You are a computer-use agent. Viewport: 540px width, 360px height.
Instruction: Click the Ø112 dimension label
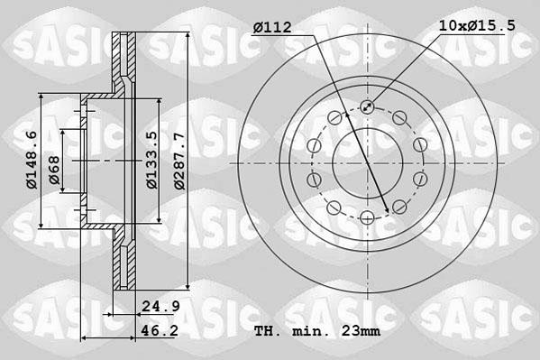coord(271,27)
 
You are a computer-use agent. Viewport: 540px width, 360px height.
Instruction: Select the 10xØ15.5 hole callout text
coord(476,26)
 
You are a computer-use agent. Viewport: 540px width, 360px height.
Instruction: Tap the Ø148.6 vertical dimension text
coord(31,160)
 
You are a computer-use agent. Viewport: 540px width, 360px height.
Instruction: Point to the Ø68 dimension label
coord(54,171)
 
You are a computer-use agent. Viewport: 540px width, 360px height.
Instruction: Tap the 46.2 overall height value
coord(159,332)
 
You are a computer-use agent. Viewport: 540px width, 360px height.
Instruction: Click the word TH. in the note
coord(267,332)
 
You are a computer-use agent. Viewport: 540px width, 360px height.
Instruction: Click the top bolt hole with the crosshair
coord(367,107)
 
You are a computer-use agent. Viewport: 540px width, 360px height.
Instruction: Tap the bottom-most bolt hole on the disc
coord(367,217)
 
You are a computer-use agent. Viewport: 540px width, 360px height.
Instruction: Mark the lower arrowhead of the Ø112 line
coord(388,210)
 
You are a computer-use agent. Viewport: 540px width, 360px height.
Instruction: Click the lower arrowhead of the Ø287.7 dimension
coord(188,287)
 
